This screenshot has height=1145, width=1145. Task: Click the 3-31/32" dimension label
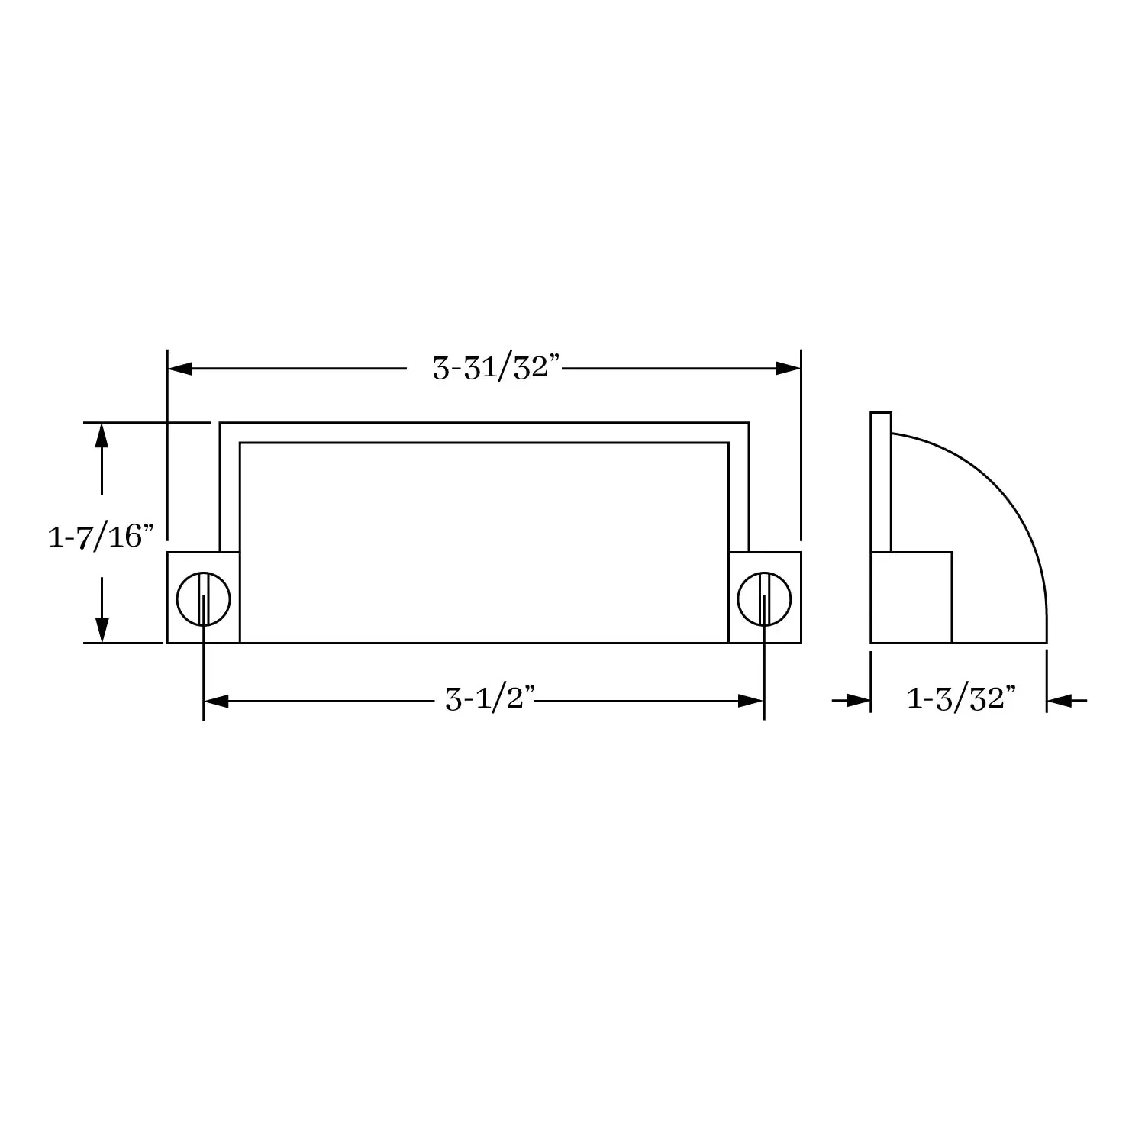[497, 369]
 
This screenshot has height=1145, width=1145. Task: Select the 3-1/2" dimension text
[489, 699]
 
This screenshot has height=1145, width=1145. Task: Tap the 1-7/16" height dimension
[96, 537]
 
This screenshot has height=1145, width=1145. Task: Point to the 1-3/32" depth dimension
[962, 698]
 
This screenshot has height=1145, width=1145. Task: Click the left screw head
[203, 598]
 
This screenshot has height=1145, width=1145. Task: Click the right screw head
[764, 598]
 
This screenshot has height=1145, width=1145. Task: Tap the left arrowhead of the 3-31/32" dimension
[180, 369]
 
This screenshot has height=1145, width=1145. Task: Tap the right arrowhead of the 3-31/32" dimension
[788, 369]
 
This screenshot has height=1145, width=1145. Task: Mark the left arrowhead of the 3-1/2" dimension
[216, 701]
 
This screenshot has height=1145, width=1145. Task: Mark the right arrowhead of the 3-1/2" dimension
[751, 701]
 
